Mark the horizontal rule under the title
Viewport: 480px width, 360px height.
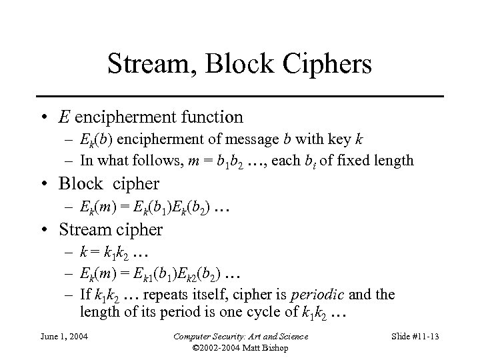[239, 97]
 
